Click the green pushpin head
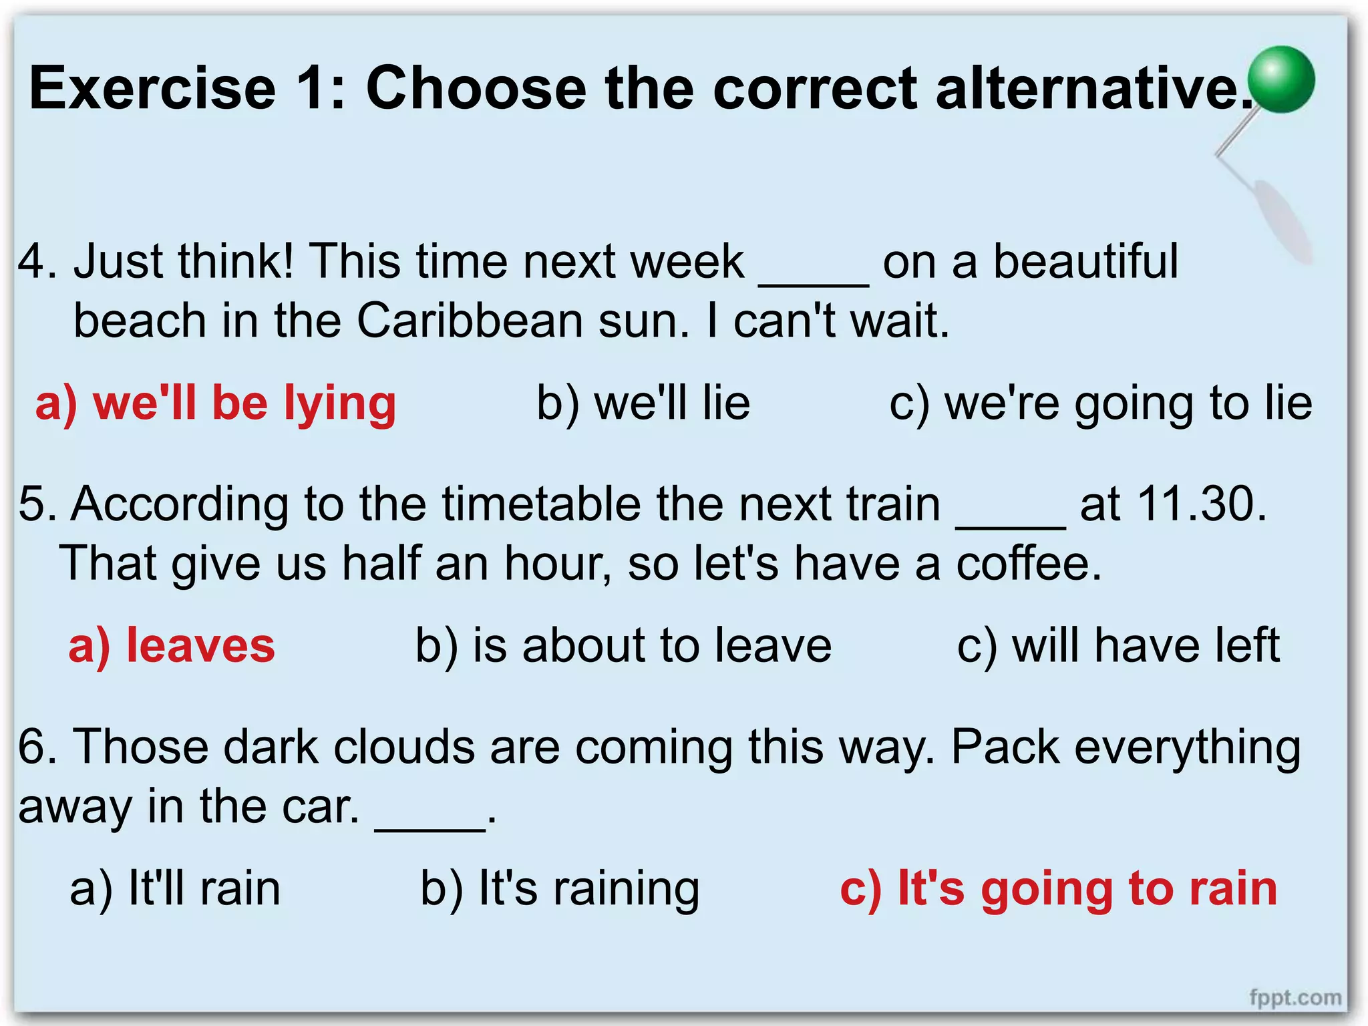(x=1281, y=79)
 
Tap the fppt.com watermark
(x=1295, y=997)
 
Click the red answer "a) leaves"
(x=172, y=646)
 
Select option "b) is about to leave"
(x=623, y=646)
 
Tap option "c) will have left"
(x=1118, y=646)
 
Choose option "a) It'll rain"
(x=175, y=889)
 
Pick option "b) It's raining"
(x=560, y=889)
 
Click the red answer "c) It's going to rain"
(x=1059, y=889)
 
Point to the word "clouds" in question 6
(x=404, y=747)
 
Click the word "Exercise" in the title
(x=152, y=88)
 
